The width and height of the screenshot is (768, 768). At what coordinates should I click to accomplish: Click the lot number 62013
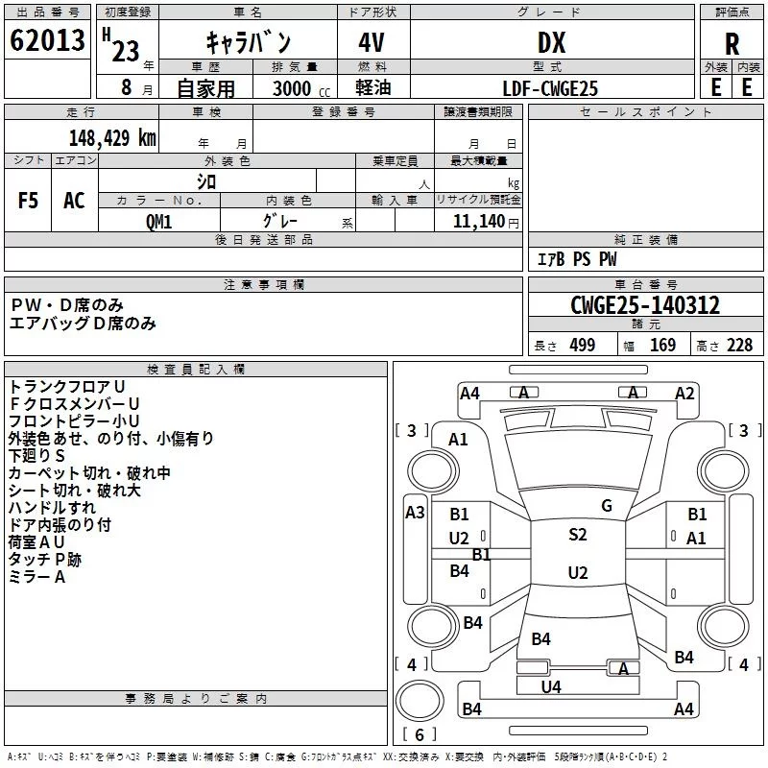47,40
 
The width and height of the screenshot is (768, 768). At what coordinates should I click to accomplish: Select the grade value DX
551,42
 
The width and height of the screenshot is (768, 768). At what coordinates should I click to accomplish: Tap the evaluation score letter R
732,44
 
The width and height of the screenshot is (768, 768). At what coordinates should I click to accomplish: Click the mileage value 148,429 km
112,138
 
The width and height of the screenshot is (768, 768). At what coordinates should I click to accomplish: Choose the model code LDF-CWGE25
550,88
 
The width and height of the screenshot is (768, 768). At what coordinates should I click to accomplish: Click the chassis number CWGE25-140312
645,305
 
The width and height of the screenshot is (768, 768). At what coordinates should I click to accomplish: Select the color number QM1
158,222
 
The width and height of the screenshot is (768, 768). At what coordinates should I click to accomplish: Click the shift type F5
28,201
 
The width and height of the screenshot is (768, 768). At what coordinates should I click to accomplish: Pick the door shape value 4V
372,42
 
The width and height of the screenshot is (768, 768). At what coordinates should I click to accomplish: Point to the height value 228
739,345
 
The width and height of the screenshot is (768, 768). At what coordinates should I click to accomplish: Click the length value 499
583,345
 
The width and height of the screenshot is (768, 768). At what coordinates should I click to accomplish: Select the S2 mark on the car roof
578,535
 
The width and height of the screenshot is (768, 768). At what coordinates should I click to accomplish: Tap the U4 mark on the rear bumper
551,687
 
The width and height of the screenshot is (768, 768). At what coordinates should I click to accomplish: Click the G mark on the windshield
607,506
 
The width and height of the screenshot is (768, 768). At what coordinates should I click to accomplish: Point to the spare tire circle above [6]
420,700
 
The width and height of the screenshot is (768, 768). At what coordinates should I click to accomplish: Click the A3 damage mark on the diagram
415,513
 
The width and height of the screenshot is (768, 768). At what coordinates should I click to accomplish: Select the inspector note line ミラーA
36,577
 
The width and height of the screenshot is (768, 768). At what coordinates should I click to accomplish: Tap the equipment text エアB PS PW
577,259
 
